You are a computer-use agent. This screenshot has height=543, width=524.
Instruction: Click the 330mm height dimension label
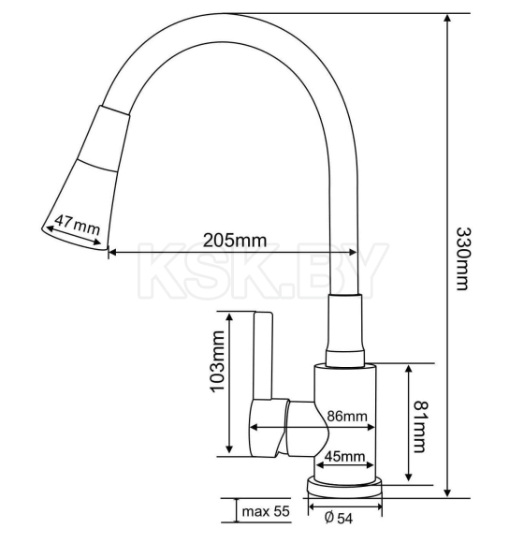click(462, 257)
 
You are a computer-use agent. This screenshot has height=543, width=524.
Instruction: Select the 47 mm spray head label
click(76, 225)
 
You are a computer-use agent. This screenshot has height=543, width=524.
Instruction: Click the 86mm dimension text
click(346, 417)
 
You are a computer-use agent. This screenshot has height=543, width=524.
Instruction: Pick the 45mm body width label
click(344, 457)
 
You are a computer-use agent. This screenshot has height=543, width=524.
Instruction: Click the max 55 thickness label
click(267, 511)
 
